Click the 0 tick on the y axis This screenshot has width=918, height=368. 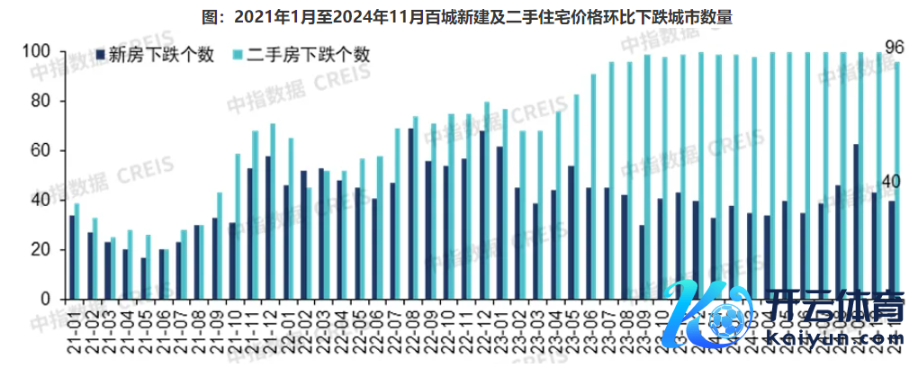coord(46,299)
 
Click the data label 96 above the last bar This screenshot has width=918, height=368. coord(895,47)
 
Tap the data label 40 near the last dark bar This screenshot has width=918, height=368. coord(890,184)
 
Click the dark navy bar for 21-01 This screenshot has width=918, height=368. coord(72,257)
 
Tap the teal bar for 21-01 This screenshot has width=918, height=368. coord(77,251)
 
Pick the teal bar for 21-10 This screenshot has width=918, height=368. coord(238,226)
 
